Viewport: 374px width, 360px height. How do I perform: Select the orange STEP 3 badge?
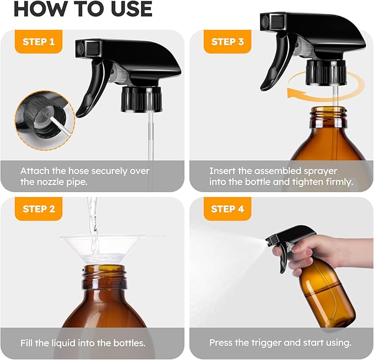pyautogui.click(x=228, y=41)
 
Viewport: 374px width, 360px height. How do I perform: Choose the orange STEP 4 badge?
pyautogui.click(x=228, y=209)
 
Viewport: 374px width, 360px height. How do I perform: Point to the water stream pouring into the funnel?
pyautogui.click(x=93, y=226)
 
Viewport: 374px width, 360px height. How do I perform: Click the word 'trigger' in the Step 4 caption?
pyautogui.click(x=268, y=342)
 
